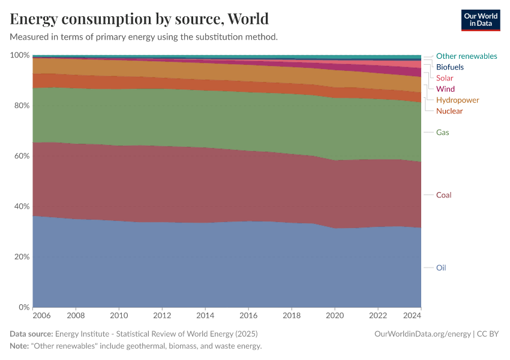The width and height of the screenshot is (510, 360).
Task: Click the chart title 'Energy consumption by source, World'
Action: [x=139, y=19]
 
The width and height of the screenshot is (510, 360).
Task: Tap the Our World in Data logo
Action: [x=480, y=20]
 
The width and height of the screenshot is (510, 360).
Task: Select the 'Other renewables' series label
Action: [x=466, y=56]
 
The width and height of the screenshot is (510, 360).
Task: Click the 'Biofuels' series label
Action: [x=449, y=67]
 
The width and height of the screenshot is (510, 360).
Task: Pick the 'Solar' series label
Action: [x=445, y=78]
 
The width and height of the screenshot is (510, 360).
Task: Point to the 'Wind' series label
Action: [x=445, y=89]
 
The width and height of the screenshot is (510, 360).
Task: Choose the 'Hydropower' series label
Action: [x=457, y=100]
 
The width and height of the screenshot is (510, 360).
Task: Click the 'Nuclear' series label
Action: [x=449, y=111]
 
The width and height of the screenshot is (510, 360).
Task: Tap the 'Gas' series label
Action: [x=442, y=132]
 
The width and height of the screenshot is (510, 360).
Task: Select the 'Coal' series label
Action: [x=443, y=195]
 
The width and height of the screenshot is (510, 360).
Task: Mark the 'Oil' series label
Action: [x=441, y=268]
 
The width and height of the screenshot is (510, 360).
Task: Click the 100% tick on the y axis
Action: [x=20, y=55]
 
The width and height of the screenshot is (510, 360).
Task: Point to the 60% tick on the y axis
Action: [x=22, y=156]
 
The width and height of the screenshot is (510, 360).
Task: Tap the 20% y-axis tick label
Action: [x=22, y=257]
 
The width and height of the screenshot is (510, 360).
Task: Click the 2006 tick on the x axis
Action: [x=41, y=315]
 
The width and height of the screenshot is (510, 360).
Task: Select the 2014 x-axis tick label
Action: [x=205, y=315]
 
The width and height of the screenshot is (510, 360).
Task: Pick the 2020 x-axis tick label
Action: [x=335, y=315]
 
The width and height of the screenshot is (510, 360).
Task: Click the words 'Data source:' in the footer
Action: [x=31, y=334]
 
